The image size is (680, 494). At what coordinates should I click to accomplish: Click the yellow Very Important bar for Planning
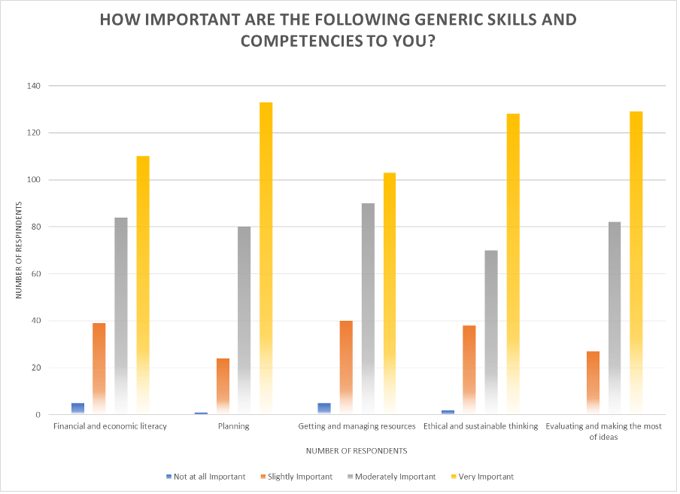[x=266, y=258]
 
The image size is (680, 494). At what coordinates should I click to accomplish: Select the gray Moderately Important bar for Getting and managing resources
[x=368, y=309]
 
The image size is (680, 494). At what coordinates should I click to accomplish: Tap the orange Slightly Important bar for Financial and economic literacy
[x=99, y=368]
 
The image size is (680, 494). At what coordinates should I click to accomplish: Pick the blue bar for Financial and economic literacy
[x=78, y=408]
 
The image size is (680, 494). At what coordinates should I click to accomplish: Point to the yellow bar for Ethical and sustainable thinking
[x=513, y=264]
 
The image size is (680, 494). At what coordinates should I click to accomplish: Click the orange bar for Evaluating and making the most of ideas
[x=593, y=383]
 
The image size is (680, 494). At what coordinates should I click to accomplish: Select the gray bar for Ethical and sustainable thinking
[x=491, y=332]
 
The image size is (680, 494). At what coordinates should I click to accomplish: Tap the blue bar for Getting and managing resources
[x=324, y=408]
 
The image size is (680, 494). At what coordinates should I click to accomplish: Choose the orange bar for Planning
[x=223, y=386]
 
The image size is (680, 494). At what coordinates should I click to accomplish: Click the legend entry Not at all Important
[x=205, y=477]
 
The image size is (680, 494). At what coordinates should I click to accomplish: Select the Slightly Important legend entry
[x=296, y=477]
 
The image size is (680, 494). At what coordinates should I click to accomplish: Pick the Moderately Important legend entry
[x=392, y=477]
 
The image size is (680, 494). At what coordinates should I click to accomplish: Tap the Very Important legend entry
[x=483, y=477]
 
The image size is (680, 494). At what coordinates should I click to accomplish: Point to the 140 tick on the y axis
[x=33, y=86]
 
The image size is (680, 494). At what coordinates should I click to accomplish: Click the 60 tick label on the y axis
[x=35, y=274]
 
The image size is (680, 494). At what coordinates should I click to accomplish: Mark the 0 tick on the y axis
[x=38, y=415]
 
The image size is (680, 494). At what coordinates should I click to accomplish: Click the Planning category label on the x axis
[x=234, y=426]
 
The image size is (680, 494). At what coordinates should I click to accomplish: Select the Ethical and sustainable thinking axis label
[x=481, y=426]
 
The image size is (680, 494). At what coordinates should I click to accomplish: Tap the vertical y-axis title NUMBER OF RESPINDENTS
[x=19, y=250]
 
